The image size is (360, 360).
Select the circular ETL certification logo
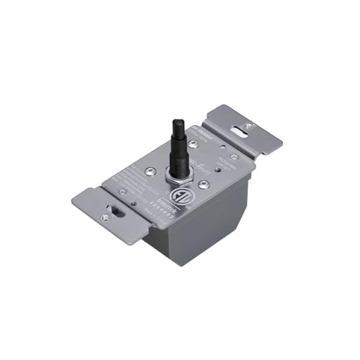(178, 196)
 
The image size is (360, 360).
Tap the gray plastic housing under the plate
(209, 230)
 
